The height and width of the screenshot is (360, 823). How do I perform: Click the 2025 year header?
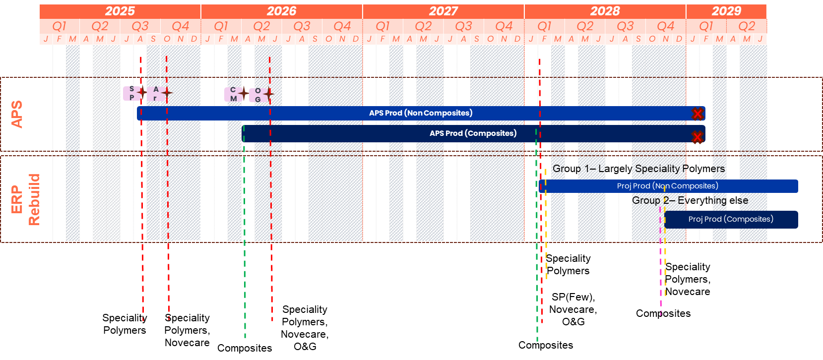tap(120, 11)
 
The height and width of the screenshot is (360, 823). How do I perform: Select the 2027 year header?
tap(443, 11)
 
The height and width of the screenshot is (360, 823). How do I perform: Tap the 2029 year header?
tap(726, 11)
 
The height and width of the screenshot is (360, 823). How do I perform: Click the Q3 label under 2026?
tap(302, 26)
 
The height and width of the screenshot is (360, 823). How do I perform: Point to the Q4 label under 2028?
tap(665, 26)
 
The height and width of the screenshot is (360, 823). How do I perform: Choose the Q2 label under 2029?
tap(746, 26)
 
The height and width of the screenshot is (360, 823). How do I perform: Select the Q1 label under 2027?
tap(382, 26)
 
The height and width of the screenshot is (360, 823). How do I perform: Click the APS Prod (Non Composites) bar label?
tap(420, 113)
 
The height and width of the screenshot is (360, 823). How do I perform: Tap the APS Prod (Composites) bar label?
tap(473, 133)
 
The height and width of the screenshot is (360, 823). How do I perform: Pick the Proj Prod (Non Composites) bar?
tap(668, 186)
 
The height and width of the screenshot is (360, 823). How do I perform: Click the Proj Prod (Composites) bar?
tap(731, 219)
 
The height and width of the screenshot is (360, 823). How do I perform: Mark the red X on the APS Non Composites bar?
tap(697, 114)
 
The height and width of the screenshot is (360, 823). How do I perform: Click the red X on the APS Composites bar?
tap(697, 137)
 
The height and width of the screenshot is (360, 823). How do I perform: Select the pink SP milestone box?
tap(131, 93)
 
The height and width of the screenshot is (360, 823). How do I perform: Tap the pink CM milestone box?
tap(233, 94)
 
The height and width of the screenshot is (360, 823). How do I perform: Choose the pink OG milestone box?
tap(257, 95)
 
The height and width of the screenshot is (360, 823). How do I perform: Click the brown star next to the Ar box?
tap(167, 92)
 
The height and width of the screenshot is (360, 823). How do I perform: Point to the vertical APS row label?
tap(17, 115)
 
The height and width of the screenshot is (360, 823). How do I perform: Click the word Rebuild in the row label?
tap(33, 199)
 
